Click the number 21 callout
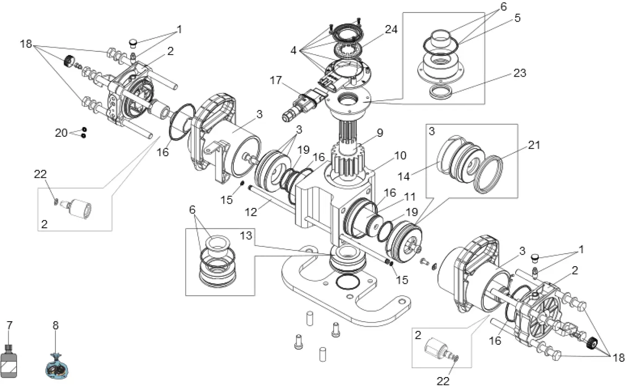point(534,145)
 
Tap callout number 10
point(400,155)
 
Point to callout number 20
point(61,133)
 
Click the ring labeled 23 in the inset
point(441,91)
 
